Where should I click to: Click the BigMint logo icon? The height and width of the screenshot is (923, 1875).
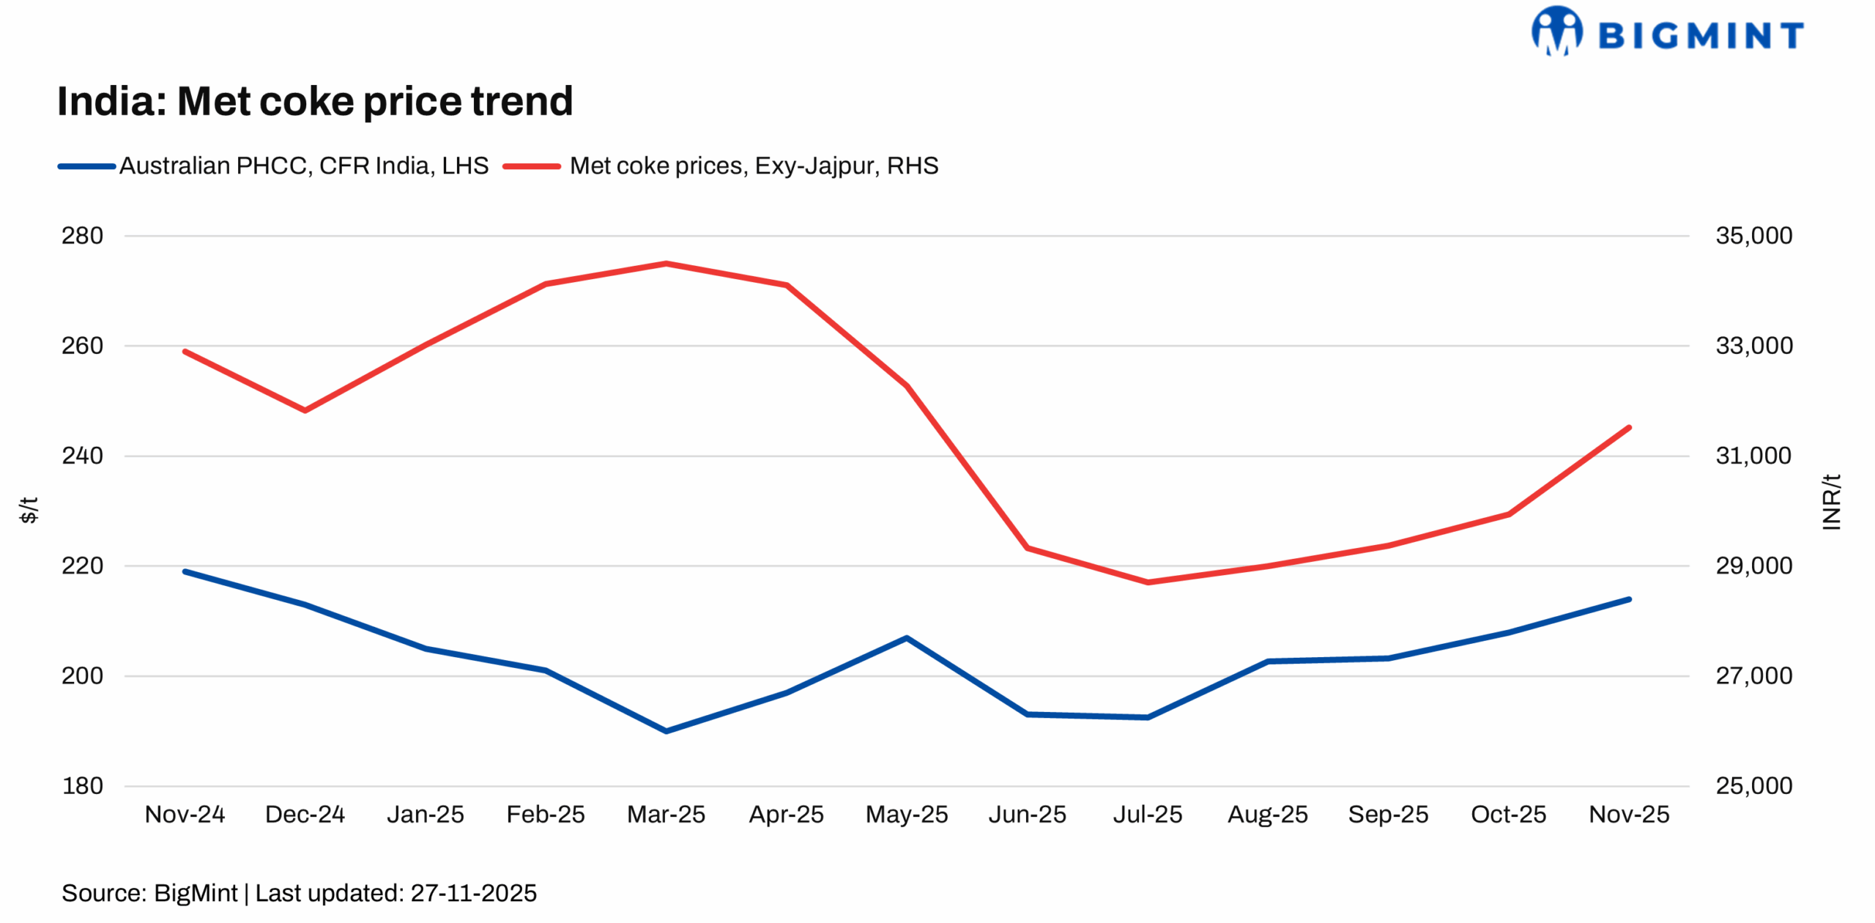1556,31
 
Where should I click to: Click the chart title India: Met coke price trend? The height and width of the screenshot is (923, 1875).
315,101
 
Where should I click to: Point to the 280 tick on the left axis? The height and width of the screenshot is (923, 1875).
82,235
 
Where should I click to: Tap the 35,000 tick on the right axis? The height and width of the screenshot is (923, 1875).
1753,235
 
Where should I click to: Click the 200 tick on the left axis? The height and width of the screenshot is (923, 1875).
82,675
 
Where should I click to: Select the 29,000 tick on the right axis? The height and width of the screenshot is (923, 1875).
1753,566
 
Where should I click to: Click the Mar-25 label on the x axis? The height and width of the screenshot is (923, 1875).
666,814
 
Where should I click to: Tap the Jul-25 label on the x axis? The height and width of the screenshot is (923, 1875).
1147,814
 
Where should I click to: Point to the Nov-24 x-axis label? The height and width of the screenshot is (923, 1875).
185,814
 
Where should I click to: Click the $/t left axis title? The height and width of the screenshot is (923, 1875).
28,510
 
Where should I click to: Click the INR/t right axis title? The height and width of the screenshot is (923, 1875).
1830,502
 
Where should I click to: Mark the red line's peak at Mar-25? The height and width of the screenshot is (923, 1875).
666,263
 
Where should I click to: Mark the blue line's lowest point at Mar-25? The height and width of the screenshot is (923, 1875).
666,731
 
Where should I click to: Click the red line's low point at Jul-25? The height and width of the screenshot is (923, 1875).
1147,582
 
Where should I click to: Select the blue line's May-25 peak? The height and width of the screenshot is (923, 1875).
907,637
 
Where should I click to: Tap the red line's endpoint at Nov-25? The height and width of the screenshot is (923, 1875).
1629,427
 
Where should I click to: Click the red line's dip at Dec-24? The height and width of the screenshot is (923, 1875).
305,411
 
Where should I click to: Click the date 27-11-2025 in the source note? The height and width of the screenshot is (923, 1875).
473,893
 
